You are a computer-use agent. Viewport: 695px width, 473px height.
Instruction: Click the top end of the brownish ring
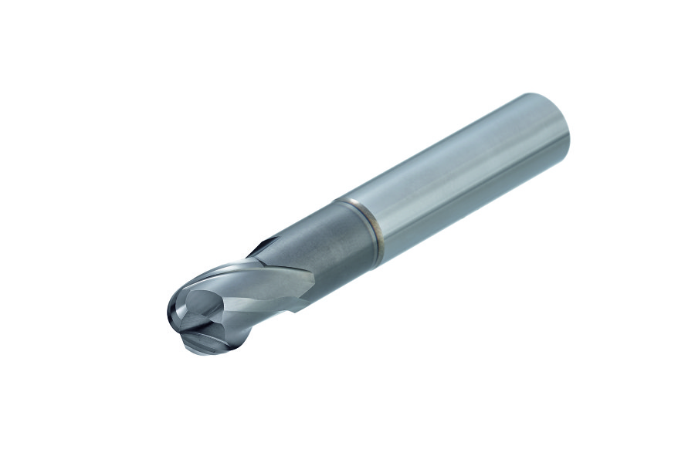pyautogui.click(x=338, y=201)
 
